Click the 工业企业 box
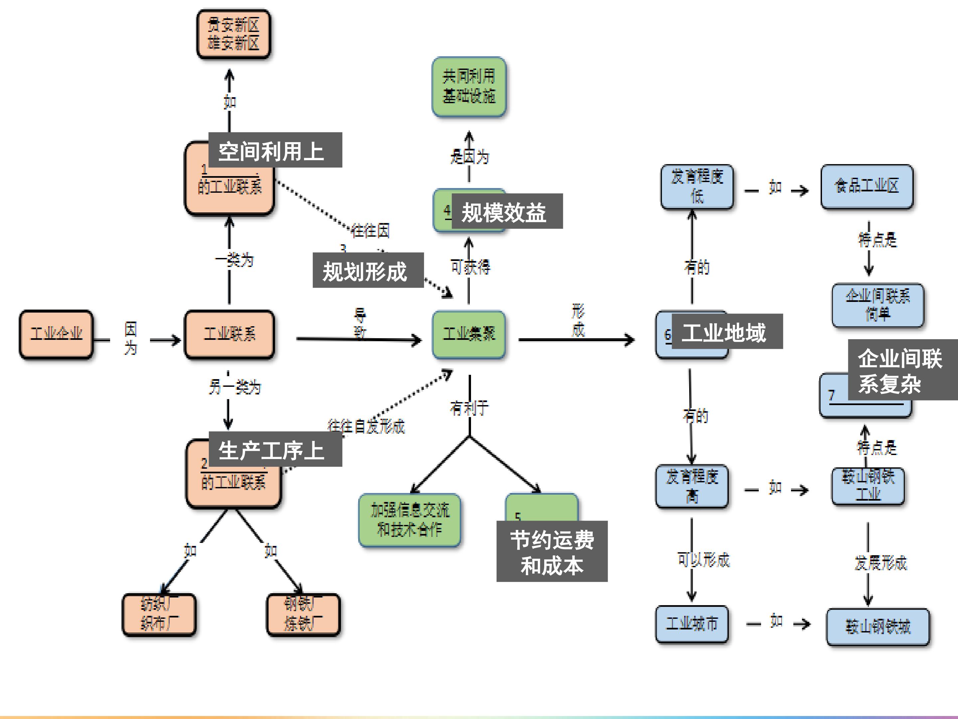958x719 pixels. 56,334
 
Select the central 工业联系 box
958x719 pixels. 230,334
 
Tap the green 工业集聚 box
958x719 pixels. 469,334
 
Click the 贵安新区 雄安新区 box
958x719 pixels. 234,34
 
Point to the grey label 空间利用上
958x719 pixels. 275,150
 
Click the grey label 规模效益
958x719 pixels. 507,211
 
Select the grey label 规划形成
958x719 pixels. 368,270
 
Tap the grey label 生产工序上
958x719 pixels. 275,449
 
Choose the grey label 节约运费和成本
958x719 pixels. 552,551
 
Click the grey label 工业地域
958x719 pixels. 727,332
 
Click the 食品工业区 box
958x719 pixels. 867,186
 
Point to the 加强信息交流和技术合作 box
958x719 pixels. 409,520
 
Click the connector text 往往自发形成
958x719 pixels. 366,426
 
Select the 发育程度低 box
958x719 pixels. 697,186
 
